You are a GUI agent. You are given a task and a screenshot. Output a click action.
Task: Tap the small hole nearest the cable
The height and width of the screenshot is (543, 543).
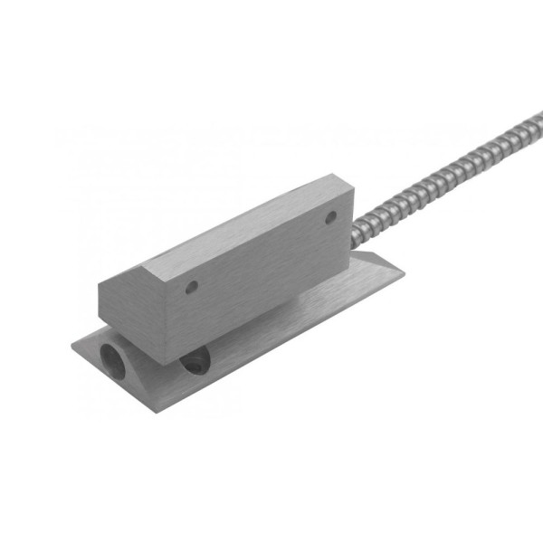(x=330, y=216)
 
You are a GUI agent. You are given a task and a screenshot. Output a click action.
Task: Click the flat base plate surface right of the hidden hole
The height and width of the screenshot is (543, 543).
(x=271, y=353)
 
